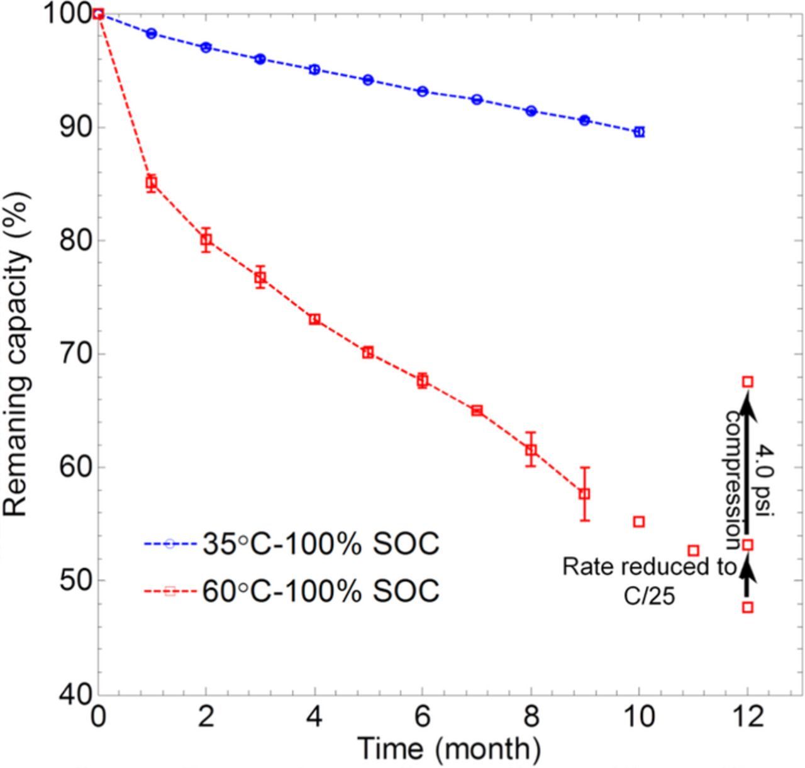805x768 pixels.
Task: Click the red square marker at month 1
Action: click(151, 183)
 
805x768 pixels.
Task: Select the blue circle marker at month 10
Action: click(640, 131)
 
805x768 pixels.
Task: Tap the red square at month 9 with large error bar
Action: click(585, 494)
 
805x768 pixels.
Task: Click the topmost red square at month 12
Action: click(748, 382)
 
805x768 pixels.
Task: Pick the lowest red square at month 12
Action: click(748, 607)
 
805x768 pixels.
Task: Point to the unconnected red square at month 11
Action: click(694, 550)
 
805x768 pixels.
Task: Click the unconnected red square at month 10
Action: click(640, 521)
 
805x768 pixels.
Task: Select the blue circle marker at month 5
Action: click(369, 80)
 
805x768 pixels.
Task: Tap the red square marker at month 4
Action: click(314, 319)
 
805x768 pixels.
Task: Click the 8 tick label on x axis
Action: click(531, 716)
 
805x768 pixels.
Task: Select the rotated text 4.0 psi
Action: click(765, 481)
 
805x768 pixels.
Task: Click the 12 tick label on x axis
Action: click(748, 716)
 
